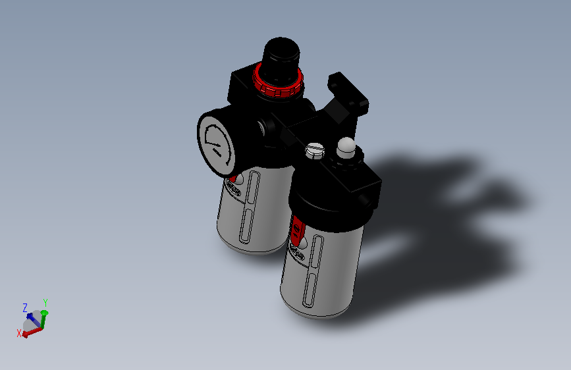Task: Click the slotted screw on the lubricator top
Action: (x=315, y=151)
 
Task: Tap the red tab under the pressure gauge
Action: (x=232, y=178)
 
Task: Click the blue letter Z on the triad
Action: (x=25, y=307)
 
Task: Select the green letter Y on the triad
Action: (x=45, y=302)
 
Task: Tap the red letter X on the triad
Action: (x=19, y=333)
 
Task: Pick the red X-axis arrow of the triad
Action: (x=32, y=331)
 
